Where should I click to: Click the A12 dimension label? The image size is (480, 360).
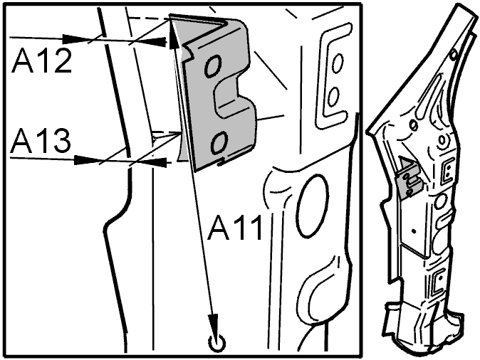pyautogui.click(x=41, y=61)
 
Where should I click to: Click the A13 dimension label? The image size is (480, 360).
pyautogui.click(x=41, y=141)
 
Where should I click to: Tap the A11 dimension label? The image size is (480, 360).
pyautogui.click(x=235, y=228)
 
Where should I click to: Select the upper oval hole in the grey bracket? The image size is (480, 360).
pyautogui.click(x=213, y=65)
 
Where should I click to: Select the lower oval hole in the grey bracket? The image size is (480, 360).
pyautogui.click(x=219, y=142)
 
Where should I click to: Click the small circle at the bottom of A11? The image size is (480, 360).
pyautogui.click(x=216, y=343)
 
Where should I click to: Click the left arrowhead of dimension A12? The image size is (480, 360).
pyautogui.click(x=73, y=39)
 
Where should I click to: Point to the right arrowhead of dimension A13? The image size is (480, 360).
pyautogui.click(x=157, y=162)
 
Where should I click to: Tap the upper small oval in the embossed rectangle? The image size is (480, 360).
pyautogui.click(x=338, y=63)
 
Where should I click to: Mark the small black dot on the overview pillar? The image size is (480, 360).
pyautogui.click(x=414, y=231)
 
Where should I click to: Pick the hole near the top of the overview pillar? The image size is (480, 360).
pyautogui.click(x=454, y=55)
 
